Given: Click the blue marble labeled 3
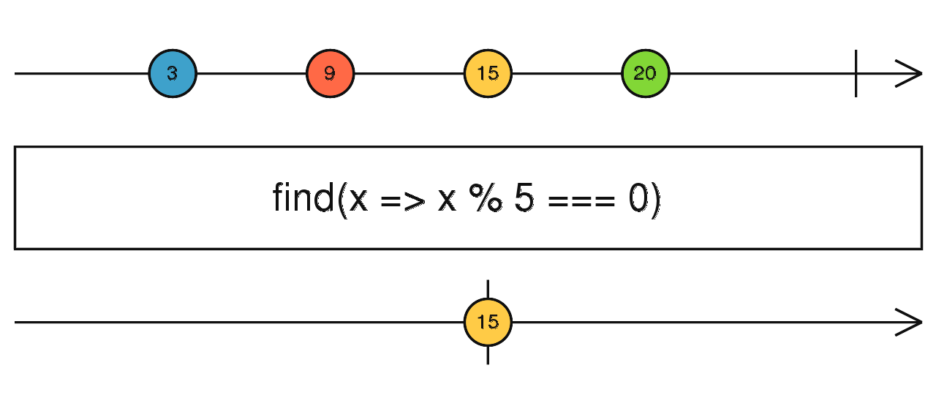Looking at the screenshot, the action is coord(173,74).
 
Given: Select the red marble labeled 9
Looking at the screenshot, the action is coord(330,74).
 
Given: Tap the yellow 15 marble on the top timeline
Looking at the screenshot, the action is coord(488,74).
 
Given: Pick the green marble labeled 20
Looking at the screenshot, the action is coord(646,74).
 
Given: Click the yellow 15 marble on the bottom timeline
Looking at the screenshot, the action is coord(488,323).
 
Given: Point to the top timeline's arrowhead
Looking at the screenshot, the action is coord(909,74).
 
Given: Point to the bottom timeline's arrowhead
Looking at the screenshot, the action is coord(909,323).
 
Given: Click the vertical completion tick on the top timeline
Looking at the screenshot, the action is coord(856,74).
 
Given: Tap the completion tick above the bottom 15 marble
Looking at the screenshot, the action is coord(488,289).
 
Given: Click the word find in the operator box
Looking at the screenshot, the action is coord(303,197).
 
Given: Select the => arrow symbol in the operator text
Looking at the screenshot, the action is coord(403,200).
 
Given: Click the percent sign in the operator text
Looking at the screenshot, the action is coord(486,197).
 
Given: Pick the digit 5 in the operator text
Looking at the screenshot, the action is coord(524,197).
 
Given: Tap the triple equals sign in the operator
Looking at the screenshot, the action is coord(581,200).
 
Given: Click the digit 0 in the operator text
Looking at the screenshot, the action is coord(638,197).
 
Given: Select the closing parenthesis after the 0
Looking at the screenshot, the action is coord(656,200).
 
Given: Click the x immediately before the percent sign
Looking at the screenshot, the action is coord(447,200).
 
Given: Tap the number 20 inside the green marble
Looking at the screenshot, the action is coord(645,74).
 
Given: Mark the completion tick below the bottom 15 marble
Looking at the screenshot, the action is coord(488,355).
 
